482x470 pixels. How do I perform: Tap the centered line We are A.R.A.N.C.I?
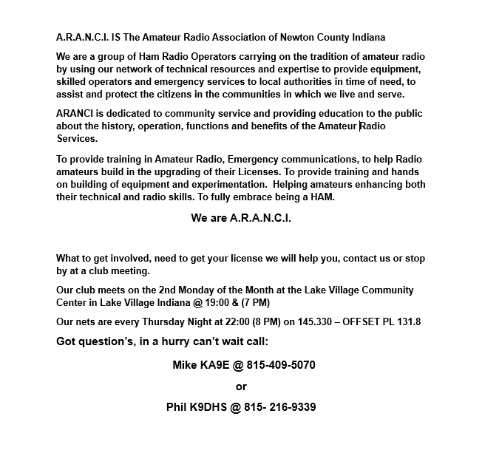pos(241,218)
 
